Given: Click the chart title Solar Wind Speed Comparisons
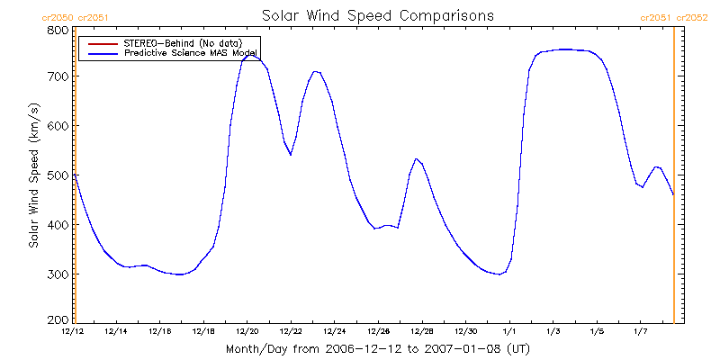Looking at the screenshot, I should (x=377, y=15).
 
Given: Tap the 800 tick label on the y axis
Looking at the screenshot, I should (x=58, y=30).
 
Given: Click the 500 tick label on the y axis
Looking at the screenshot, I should (x=58, y=175).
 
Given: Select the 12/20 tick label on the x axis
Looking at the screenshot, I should (x=247, y=332).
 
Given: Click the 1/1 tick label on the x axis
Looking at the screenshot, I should (x=509, y=332).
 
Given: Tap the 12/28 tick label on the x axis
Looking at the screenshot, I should (x=422, y=332).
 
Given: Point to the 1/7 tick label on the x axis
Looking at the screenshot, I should (x=640, y=332).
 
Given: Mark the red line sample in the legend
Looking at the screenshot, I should (x=100, y=43).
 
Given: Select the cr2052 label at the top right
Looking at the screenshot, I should (x=692, y=17).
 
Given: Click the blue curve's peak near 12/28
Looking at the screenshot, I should (x=416, y=159).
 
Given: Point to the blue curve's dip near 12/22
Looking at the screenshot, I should (x=291, y=155).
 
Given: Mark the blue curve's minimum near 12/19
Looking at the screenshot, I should (x=181, y=274).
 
